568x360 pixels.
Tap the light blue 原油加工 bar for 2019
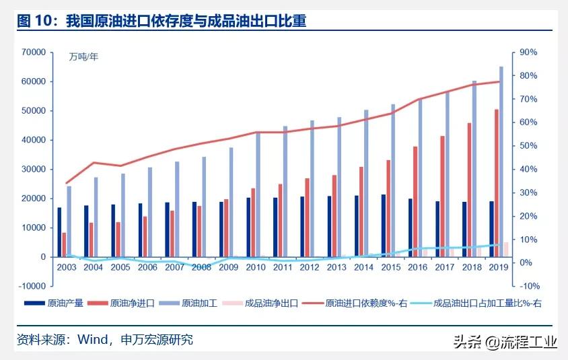pos(501,161)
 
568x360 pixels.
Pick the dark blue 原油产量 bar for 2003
pos(59,232)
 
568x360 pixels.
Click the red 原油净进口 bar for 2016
pos(415,201)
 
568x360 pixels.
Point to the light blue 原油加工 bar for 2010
pos(258,194)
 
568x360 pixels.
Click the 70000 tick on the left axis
pos(34,52)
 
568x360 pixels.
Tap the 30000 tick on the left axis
pos(34,169)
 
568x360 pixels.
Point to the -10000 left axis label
pos(32,286)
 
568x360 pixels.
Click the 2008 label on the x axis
pos(201,267)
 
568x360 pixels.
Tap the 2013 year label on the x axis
pos(336,267)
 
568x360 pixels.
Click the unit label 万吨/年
pos(83,57)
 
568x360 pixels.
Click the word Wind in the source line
pos(92,340)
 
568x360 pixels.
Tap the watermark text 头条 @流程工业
pos(505,343)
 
